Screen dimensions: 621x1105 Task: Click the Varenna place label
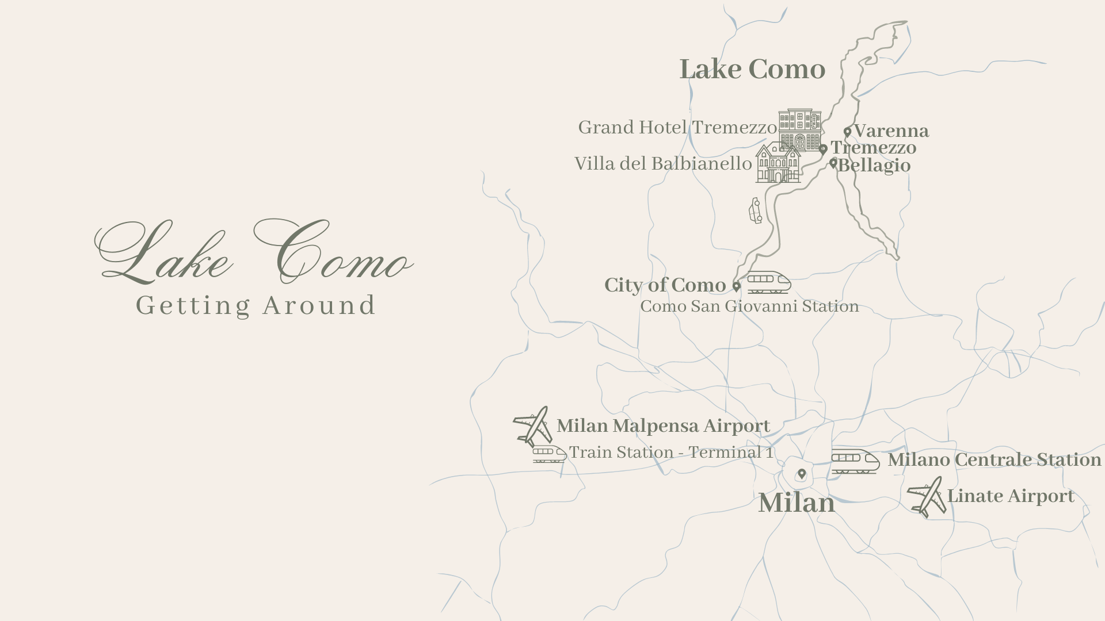pos(891,131)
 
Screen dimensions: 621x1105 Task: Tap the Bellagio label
pos(874,166)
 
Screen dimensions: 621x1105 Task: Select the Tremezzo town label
pos(874,148)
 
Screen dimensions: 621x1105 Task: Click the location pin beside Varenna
pos(847,132)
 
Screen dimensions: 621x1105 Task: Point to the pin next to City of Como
pos(736,286)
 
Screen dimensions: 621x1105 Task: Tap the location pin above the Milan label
pos(802,474)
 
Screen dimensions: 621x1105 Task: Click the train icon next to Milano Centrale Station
pos(855,461)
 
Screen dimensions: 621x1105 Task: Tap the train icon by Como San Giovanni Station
pos(769,282)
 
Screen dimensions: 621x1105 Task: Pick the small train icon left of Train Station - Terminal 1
pos(549,454)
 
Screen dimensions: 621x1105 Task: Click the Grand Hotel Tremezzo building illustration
pos(800,130)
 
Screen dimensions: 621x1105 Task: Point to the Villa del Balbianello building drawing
pos(778,163)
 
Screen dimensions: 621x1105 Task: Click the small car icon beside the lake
pos(755,210)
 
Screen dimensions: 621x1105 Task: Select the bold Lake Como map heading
pos(752,70)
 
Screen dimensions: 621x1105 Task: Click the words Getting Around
pos(256,305)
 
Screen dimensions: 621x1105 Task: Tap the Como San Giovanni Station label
pos(749,306)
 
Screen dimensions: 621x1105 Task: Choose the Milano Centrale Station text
pos(994,460)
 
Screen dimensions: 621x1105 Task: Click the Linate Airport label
pos(1011,496)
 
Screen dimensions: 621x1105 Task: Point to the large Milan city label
pos(797,504)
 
